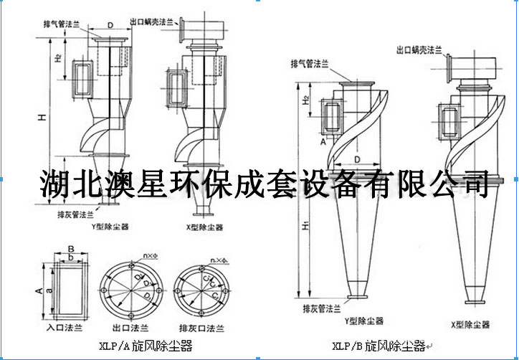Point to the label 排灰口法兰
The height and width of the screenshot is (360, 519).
click(x=200, y=328)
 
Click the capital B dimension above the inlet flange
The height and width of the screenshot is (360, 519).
click(x=70, y=249)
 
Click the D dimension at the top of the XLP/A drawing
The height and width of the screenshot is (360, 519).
click(x=110, y=26)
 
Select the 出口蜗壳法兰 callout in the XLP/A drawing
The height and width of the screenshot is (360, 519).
click(x=153, y=22)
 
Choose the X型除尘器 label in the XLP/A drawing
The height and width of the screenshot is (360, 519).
click(x=204, y=227)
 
